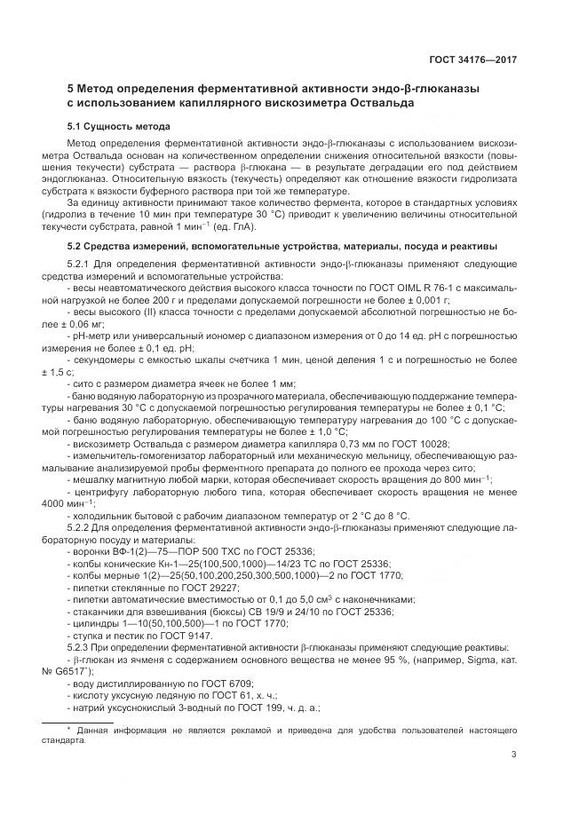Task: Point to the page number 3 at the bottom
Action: pos(514,755)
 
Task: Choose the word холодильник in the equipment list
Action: pos(104,515)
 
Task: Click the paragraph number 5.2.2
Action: pos(81,526)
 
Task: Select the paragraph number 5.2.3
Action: pos(81,647)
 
